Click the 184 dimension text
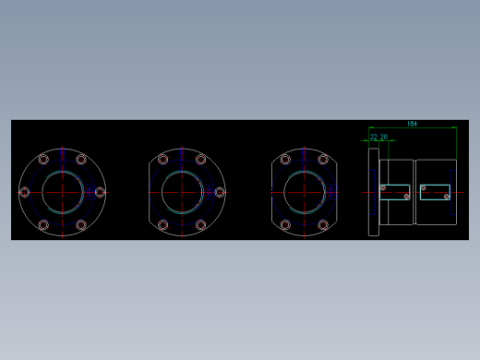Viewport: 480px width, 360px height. (412, 123)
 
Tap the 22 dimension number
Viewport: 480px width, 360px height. (373, 137)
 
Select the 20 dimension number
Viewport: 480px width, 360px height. (383, 137)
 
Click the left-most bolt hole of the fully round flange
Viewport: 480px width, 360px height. (24, 192)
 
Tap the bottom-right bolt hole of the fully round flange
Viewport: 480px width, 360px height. (81, 224)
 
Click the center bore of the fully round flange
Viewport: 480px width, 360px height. (62, 192)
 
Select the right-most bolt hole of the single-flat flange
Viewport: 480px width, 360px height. (220, 192)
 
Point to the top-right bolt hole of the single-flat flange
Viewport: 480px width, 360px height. (200, 160)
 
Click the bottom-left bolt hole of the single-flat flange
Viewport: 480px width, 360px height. (163, 224)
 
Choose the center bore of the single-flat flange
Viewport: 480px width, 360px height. (183, 192)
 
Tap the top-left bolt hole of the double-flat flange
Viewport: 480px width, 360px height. (286, 160)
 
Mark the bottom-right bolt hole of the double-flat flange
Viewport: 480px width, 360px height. (323, 224)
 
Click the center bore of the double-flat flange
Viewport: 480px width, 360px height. (305, 192)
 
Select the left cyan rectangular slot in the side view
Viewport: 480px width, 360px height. (394, 192)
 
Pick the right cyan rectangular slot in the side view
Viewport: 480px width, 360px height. (435, 192)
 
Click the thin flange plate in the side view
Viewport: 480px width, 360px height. (373, 192)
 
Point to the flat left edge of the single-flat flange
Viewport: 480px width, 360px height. (149, 192)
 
